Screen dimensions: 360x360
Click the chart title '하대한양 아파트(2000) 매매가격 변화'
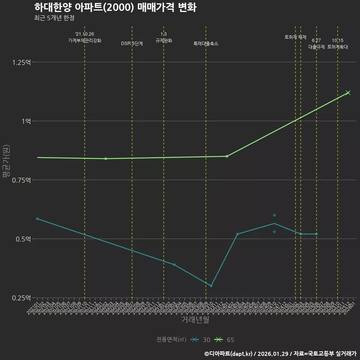(x=115, y=7)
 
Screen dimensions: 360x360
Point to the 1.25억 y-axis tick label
(x=22, y=62)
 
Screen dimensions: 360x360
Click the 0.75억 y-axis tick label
(x=22, y=180)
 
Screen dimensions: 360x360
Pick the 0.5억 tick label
(x=23, y=239)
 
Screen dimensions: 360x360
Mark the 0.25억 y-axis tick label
(x=22, y=298)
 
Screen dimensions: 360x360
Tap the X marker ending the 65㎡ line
(x=348, y=93)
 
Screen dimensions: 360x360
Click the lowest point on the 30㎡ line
(x=211, y=286)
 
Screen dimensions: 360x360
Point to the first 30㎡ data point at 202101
(x=37, y=219)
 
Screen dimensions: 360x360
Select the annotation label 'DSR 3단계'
(x=132, y=44)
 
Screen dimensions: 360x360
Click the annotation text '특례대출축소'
(x=206, y=44)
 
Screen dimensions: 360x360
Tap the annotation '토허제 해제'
(x=295, y=37)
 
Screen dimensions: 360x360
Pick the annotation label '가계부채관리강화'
(x=85, y=40)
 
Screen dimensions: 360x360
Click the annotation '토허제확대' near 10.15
(x=337, y=47)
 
